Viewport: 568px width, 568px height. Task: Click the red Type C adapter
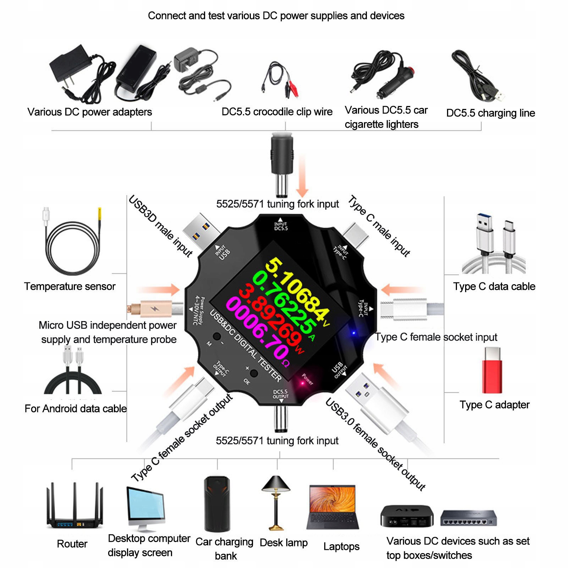[492, 370]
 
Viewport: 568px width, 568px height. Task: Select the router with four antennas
[74, 507]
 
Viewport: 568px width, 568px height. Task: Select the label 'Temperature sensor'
[70, 286]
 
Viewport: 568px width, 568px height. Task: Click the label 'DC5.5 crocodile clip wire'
[277, 112]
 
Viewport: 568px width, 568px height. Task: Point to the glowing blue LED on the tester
[353, 333]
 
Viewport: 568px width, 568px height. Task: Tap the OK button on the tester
[254, 373]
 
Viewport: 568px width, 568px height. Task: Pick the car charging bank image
[217, 504]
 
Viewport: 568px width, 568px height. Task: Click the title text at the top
[276, 16]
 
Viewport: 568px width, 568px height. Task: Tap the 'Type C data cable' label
[494, 286]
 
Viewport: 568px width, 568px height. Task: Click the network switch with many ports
[468, 518]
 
